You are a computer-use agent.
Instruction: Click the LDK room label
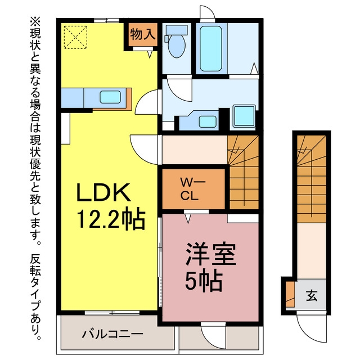coord(103,192)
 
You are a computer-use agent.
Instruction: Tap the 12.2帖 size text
coord(111,219)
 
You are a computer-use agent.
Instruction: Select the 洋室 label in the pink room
coord(211,254)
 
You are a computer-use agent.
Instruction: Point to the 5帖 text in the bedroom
coord(204,281)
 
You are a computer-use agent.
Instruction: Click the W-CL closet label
coord(192,190)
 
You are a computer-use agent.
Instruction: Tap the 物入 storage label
coord(142,35)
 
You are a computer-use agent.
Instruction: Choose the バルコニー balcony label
coord(112,334)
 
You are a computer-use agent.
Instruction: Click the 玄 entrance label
coord(312,295)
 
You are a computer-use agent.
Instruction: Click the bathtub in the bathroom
coord(211,48)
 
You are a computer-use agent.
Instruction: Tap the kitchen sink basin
coord(110,97)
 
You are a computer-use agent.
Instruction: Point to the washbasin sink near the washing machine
coord(208,121)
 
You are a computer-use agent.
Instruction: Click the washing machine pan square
coord(244,116)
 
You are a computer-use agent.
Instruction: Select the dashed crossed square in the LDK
coord(75,37)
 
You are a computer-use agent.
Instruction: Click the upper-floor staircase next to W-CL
coord(244,172)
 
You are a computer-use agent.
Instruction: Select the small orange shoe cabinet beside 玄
coord(290,294)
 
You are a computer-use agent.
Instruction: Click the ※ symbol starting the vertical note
coord(35,21)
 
